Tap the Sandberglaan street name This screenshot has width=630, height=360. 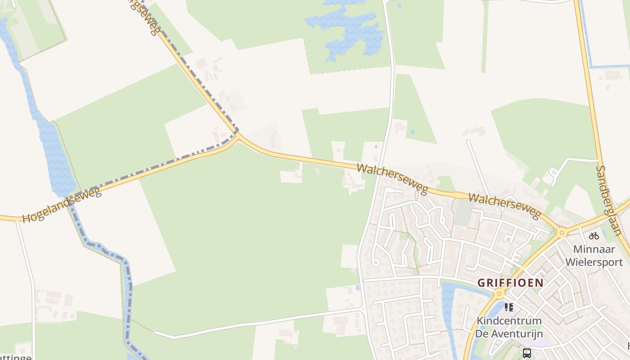point(608,200)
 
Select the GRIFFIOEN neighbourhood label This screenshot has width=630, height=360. point(510,283)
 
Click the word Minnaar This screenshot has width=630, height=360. point(594,249)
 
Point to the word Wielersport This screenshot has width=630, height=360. point(594,262)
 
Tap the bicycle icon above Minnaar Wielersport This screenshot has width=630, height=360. point(594,235)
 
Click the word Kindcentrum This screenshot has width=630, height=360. point(509,321)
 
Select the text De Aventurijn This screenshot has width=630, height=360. point(509,333)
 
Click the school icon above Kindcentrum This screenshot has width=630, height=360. point(509,307)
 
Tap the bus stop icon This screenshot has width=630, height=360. point(527,353)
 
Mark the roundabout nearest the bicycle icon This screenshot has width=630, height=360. point(562,233)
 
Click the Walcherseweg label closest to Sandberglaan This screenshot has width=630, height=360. point(504,206)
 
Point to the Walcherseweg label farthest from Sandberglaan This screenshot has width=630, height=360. point(392,179)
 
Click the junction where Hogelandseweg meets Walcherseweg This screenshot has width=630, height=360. point(238,134)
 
